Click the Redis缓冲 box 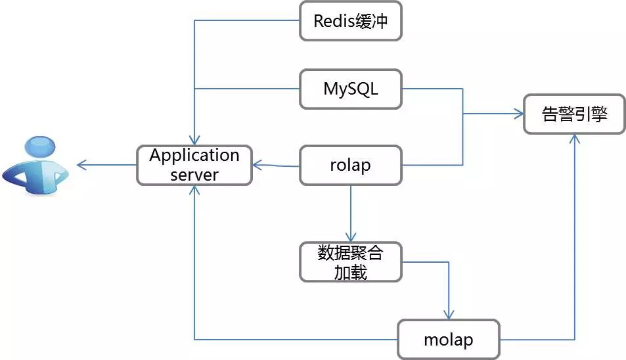(351, 21)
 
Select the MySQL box (351, 89)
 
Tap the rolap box (351, 166)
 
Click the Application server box (194, 166)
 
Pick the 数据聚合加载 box (351, 262)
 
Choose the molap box (449, 340)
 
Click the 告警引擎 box (574, 114)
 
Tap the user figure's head (40, 146)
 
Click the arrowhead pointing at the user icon (81, 165)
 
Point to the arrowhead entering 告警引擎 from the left (519, 114)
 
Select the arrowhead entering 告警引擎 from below (575, 139)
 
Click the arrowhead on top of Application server (194, 141)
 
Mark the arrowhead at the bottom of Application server (194, 190)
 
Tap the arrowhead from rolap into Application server (257, 165)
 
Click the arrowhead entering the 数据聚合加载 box (351, 237)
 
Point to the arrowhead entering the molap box (449, 315)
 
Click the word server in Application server (194, 175)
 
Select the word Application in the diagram (194, 156)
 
